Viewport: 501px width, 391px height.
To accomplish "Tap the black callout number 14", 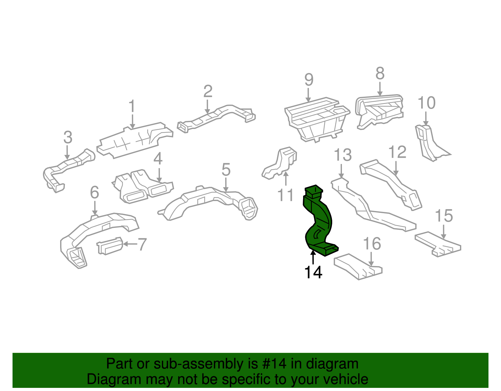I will pos(313,272).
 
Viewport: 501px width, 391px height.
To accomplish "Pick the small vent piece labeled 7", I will pos(110,245).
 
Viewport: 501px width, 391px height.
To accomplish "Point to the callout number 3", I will pos(68,137).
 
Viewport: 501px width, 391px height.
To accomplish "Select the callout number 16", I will pos(372,244).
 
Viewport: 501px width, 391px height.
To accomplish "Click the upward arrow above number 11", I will pos(286,178).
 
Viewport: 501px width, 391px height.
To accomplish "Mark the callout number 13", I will pos(343,155).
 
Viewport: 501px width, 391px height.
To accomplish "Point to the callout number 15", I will pos(444,216).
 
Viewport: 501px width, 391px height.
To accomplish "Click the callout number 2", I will pos(208,91).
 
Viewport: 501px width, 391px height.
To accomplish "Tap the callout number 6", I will pos(95,192).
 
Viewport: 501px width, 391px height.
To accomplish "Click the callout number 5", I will pos(226,170).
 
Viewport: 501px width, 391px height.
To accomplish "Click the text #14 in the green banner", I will pos(274,364).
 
